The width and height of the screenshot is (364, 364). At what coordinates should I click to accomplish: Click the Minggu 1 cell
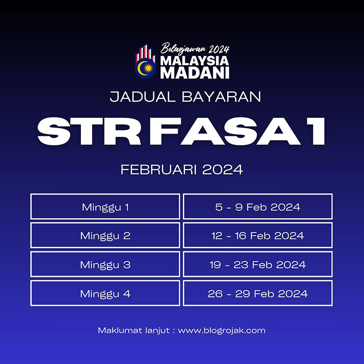tap(105, 206)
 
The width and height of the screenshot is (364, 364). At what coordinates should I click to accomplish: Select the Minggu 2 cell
tap(105, 235)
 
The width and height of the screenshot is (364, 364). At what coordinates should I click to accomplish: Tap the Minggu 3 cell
tap(105, 264)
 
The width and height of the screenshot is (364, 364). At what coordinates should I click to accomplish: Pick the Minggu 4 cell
tap(105, 293)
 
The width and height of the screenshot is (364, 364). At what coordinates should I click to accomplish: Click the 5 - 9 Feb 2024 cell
tap(258, 206)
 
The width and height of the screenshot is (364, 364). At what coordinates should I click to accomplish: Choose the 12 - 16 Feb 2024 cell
tap(258, 235)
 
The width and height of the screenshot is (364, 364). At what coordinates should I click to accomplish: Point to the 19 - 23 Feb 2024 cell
tap(258, 264)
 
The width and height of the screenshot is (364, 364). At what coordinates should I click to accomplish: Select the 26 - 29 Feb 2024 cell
tap(258, 293)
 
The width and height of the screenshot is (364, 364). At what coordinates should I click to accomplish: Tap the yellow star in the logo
tap(148, 68)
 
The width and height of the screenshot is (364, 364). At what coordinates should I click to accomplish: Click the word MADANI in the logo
tap(195, 73)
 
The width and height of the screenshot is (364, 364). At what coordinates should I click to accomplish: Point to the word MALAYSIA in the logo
tap(194, 61)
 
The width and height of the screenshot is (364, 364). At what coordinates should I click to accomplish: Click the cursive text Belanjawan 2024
tap(195, 48)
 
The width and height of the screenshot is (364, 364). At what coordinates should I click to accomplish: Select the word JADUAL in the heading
tap(143, 97)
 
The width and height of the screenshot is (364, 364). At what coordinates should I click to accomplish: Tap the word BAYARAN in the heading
tap(221, 97)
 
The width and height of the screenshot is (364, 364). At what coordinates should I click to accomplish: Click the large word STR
tap(89, 131)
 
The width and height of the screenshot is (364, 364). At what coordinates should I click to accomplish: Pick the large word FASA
tap(225, 131)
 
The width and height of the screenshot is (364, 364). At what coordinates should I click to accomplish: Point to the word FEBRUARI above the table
tap(159, 170)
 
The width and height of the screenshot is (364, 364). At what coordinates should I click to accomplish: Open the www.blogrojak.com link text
tap(222, 330)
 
